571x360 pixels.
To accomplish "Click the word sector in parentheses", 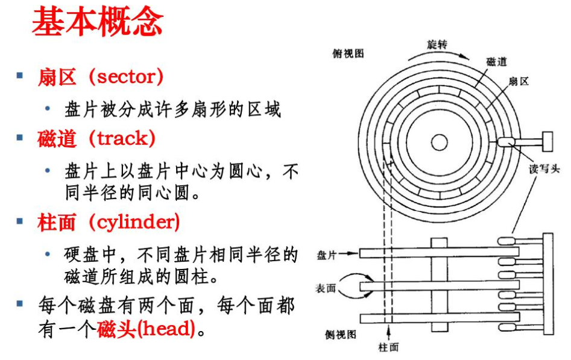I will tap(130, 77).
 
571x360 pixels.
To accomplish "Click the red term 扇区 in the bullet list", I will tap(57, 77).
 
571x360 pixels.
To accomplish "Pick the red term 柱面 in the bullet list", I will tap(57, 223).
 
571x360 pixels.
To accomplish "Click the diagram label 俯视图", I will tap(349, 53).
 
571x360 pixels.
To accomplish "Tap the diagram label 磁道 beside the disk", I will tap(496, 62).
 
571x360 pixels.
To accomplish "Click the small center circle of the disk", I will tap(439, 142).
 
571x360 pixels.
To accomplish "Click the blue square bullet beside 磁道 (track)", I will tap(20, 138).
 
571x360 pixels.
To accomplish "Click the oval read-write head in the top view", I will tap(506, 143).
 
